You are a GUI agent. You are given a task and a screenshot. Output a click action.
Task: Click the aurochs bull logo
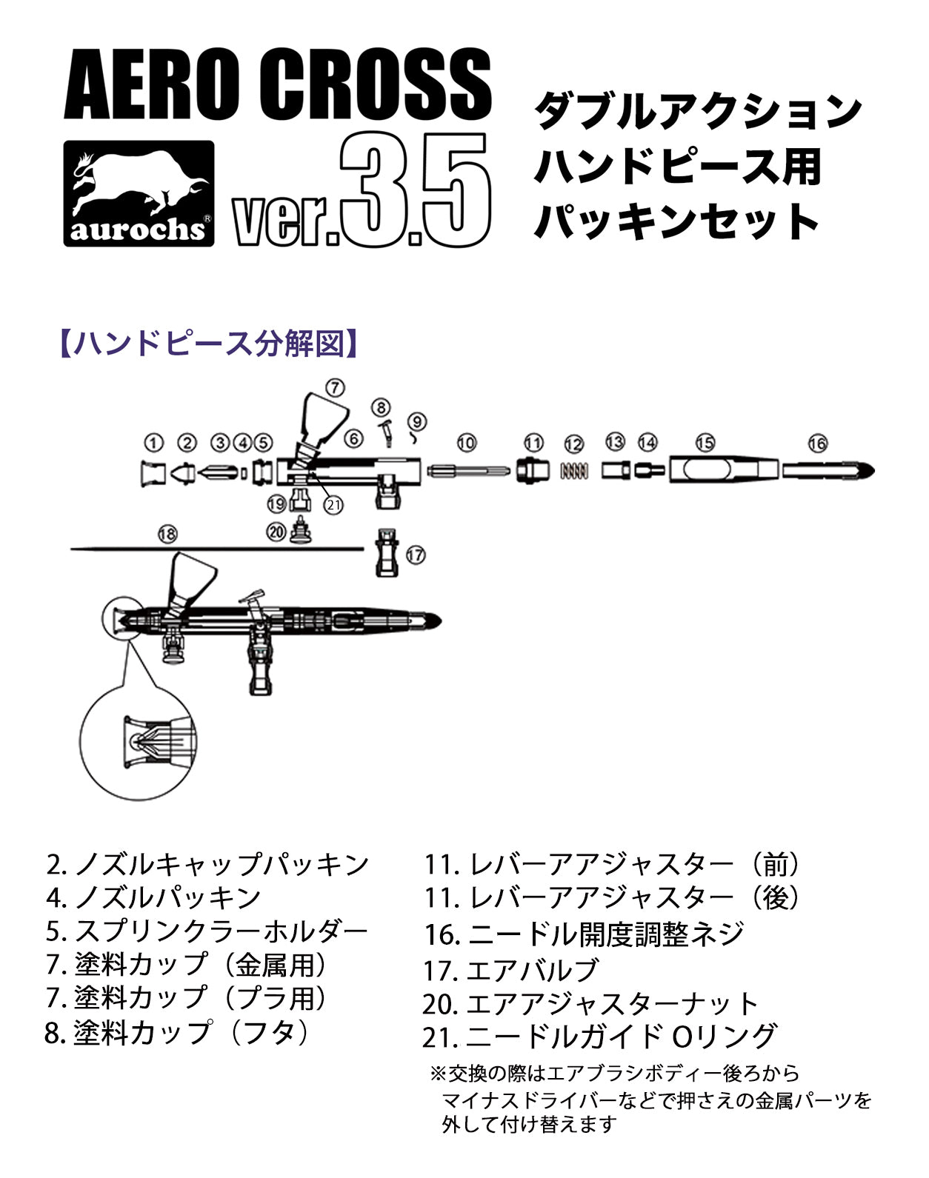pos(139,193)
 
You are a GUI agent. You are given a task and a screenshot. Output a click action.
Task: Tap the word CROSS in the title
pos(375,85)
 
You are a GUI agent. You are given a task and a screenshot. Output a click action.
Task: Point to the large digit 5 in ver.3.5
pos(455,189)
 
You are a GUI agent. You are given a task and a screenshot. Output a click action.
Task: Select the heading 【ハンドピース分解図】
pos(209,344)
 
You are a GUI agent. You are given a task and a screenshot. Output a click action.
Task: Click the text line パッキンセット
pos(676,221)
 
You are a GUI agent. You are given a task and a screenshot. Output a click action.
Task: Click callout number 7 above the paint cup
pos(335,387)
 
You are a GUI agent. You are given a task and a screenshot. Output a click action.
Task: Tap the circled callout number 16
pos(817,444)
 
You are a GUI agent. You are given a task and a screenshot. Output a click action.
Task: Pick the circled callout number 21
pos(333,505)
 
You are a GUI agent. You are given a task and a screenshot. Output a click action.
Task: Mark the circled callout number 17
pos(416,555)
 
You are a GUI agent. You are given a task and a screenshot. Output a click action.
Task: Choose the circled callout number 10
pos(466,442)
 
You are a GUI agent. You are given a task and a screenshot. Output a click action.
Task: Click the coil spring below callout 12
pos(574,471)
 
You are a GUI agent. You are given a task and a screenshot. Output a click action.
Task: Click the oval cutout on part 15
pos(707,470)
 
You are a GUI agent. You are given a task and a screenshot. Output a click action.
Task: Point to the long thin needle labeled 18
pos(218,549)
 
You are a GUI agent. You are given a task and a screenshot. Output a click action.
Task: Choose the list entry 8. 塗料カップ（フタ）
pos(177,1033)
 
